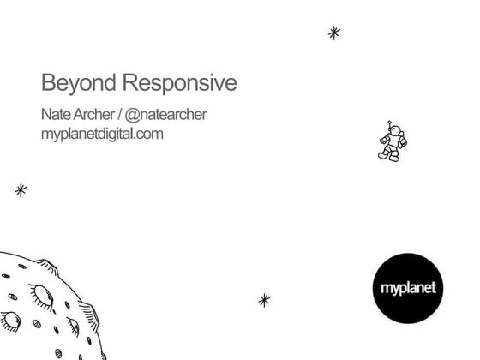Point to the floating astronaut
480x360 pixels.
point(392,141)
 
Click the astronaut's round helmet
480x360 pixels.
point(395,131)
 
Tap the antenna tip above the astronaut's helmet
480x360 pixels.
point(389,123)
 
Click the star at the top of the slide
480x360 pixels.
point(334,33)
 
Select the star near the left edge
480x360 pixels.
point(21,190)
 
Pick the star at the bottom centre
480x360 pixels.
point(264,300)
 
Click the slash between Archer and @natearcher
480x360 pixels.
point(119,115)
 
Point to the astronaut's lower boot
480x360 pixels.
point(393,158)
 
